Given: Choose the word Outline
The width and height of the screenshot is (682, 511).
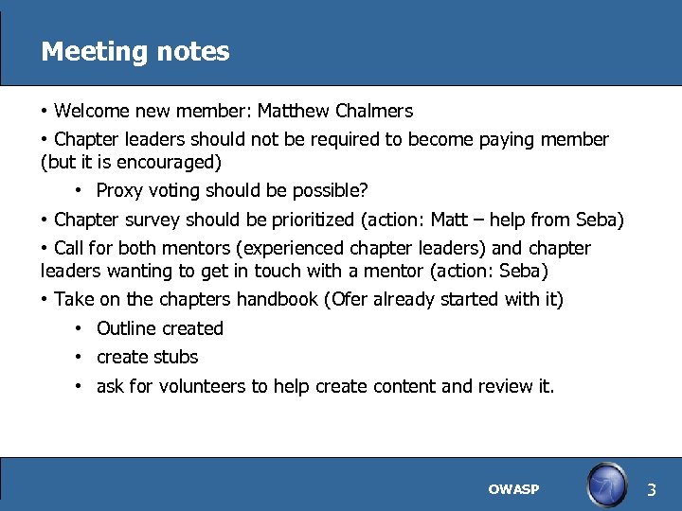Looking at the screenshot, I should click(x=127, y=328).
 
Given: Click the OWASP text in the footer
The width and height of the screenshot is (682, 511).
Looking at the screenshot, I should click(x=513, y=489).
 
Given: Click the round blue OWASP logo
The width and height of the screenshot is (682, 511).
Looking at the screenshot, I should click(x=606, y=486).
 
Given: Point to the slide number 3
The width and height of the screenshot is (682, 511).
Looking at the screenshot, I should click(x=651, y=489).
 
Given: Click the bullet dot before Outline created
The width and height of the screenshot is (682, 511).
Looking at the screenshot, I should click(x=81, y=329).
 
